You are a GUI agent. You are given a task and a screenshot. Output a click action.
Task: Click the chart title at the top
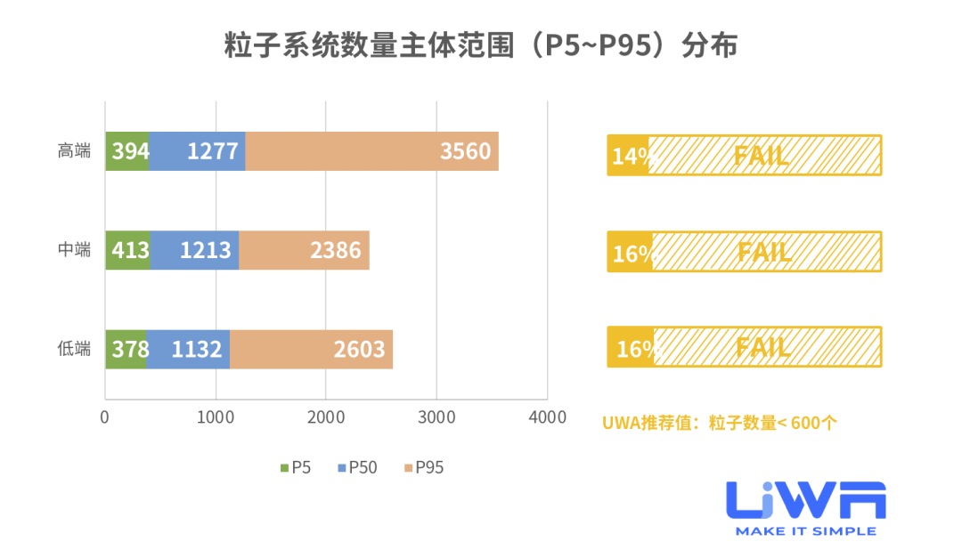[481, 45]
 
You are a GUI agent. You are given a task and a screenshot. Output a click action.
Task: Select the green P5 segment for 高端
[127, 151]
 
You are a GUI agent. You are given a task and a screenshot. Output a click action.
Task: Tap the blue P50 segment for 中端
[194, 250]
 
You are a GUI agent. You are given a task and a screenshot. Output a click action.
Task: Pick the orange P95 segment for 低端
[311, 349]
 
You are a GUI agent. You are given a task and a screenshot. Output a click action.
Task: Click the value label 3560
[465, 151]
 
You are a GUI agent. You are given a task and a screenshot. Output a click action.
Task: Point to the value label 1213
[207, 251]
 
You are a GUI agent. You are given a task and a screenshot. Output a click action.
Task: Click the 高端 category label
[75, 151]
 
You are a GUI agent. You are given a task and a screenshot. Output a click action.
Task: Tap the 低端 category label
[75, 349]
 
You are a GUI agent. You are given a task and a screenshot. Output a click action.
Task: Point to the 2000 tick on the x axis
[326, 417]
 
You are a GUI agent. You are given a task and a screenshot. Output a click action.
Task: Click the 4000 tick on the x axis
[547, 417]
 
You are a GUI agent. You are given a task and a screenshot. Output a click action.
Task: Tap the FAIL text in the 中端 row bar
[764, 252]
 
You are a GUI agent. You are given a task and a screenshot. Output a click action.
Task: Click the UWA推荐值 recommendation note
[719, 423]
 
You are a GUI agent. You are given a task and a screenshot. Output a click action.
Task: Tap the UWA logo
[805, 500]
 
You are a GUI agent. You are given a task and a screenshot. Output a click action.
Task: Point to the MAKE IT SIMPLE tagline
[805, 531]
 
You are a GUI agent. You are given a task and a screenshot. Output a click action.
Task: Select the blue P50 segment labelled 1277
[197, 151]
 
